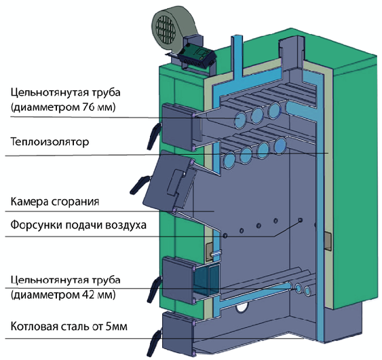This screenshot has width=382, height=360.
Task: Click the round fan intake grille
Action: click(166, 29)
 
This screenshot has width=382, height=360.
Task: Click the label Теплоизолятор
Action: click(50, 142)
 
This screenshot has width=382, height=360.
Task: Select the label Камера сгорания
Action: click(55, 202)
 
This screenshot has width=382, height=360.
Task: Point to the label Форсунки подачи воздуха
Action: click(78, 225)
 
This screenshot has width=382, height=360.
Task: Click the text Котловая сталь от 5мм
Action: click(69, 326)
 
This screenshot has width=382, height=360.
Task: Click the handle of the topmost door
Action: click(153, 136)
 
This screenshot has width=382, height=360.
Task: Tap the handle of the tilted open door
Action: click(139, 185)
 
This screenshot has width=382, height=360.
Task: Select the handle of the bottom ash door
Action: click(153, 343)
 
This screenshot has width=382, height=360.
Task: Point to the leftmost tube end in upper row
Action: click(240, 120)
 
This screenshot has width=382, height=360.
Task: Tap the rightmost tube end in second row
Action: click(280, 145)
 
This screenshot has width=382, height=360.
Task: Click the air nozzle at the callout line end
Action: click(301, 220)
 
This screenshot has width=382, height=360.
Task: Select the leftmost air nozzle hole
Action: click(225, 236)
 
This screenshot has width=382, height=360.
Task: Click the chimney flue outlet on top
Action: click(291, 52)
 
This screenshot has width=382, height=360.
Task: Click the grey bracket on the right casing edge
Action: click(328, 241)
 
